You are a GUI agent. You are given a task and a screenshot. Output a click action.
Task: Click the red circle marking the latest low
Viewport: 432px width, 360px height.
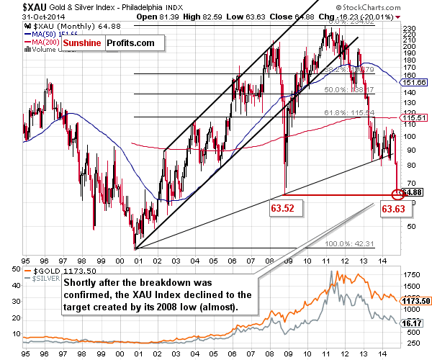coord(397,194)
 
